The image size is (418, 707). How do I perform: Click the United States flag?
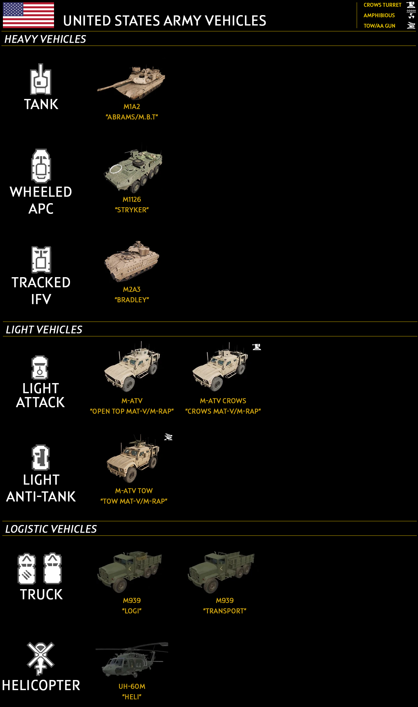28,15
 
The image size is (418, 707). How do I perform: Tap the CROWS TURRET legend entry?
382,5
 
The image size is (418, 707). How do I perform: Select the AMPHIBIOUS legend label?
379,15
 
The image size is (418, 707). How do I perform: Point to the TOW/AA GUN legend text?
379,26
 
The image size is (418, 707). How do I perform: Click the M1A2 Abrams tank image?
132,82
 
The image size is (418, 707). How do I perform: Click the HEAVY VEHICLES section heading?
45,39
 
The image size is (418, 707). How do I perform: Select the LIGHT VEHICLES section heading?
44,330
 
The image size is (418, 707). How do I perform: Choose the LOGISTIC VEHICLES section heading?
51,529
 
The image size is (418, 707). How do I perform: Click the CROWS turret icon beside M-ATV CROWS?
257,347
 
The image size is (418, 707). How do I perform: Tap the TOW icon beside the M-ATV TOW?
168,437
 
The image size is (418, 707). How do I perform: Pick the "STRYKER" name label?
132,210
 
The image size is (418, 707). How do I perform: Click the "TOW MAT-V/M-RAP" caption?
134,501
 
